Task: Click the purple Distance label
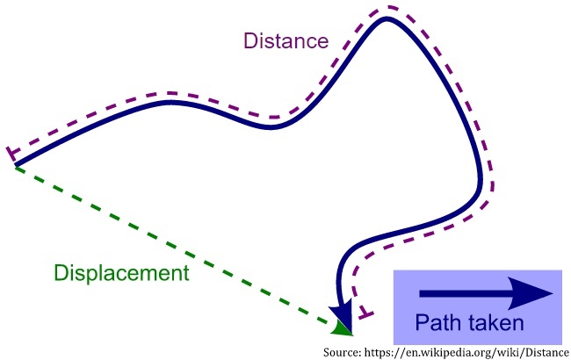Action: pos(285,40)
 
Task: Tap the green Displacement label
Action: pos(121,272)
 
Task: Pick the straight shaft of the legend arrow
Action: pos(466,293)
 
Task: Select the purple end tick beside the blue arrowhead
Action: pos(366,313)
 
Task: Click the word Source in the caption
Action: pos(345,350)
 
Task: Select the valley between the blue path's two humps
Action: pos(271,127)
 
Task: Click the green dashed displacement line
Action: pos(176,246)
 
